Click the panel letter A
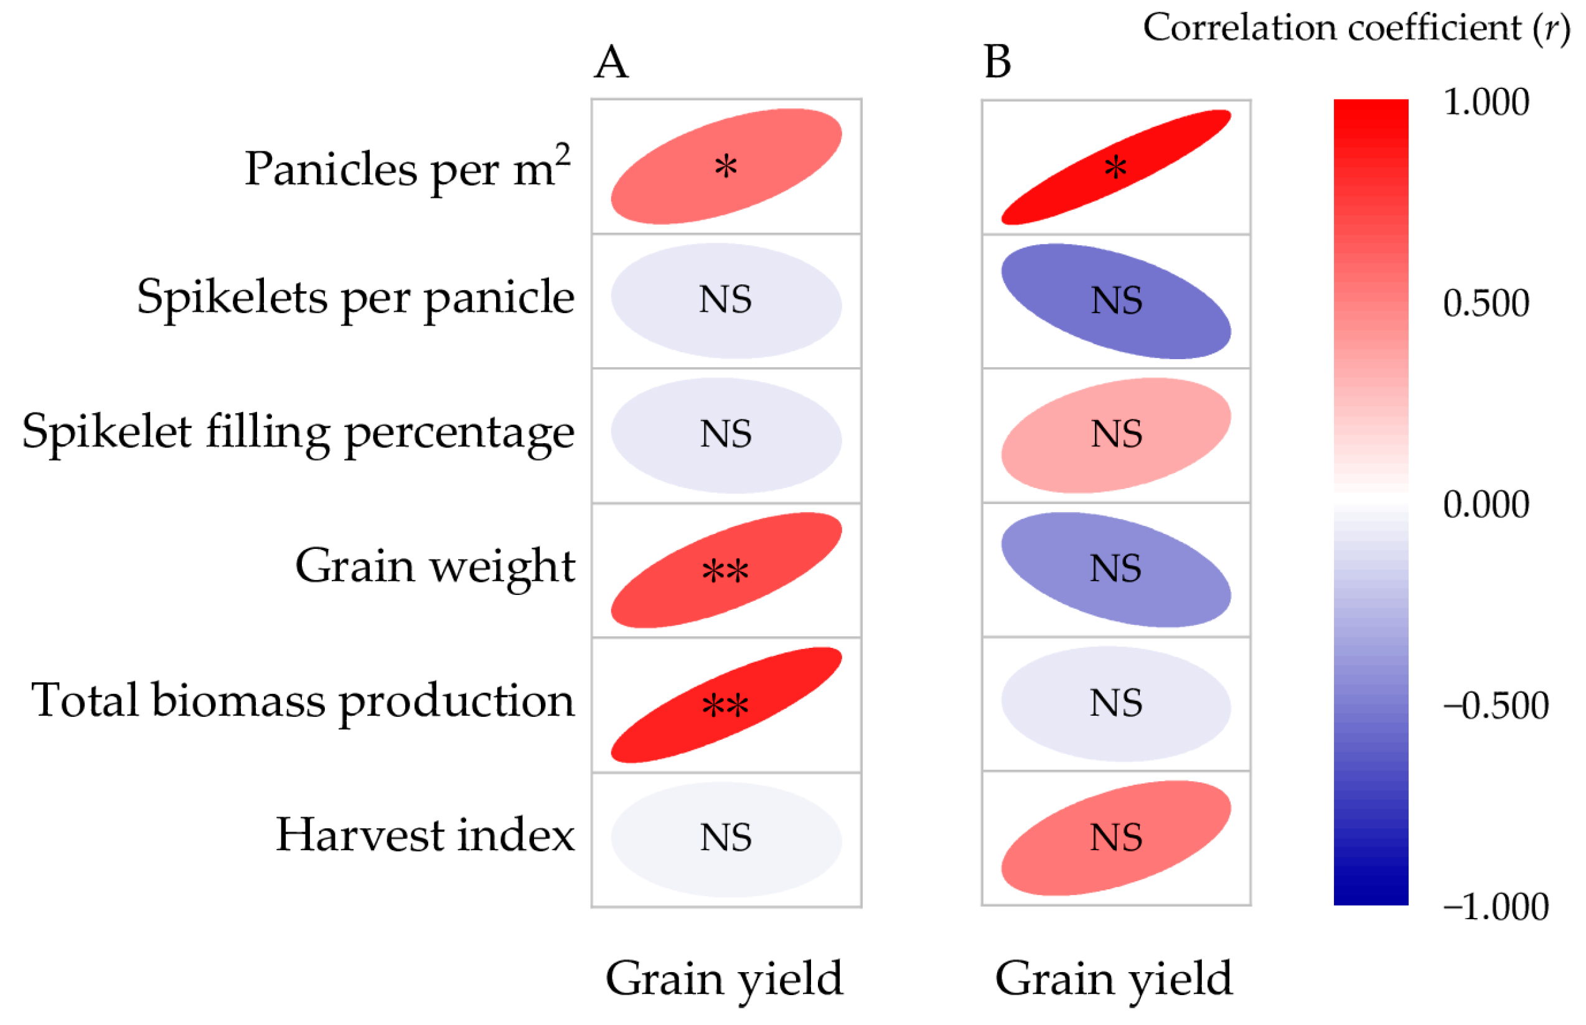610,63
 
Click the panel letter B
997,63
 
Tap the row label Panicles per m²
406,168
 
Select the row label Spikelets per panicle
355,297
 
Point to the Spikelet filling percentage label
298,432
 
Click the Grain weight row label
434,566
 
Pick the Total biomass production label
303,700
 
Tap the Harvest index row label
425,835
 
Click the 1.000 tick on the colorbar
1486,103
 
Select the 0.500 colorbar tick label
1486,304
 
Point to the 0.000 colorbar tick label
1486,504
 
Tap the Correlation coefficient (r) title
1356,28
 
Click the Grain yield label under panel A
724,978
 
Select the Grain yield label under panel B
1114,978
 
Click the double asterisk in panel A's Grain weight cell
725,571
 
